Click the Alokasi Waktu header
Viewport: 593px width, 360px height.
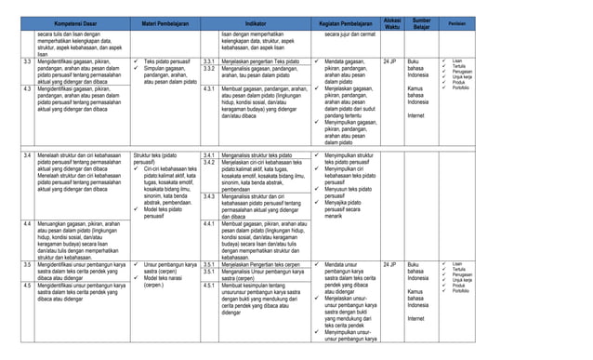click(392, 21)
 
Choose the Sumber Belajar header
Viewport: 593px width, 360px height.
click(423, 21)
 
